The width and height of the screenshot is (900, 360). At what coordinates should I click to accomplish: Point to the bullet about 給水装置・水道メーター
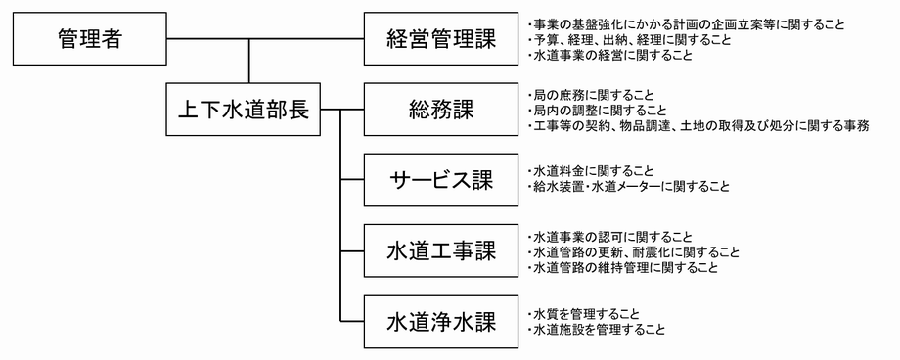[x=626, y=186]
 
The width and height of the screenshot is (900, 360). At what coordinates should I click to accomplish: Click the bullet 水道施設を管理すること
[x=596, y=329]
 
